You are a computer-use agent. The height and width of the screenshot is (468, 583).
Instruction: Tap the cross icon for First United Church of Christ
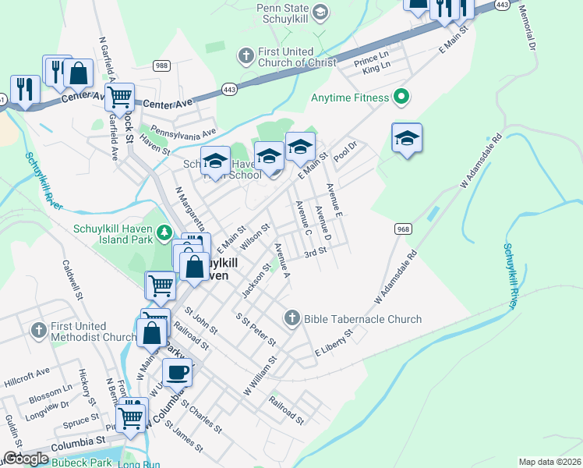tap(246, 55)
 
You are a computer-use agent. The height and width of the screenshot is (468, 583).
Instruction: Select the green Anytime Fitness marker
tap(402, 97)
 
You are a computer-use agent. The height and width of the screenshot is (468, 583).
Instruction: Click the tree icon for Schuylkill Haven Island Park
tap(164, 232)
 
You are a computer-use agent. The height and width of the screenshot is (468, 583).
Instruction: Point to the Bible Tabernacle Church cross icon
tap(291, 317)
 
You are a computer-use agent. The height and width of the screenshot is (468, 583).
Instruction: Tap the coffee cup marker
tap(178, 372)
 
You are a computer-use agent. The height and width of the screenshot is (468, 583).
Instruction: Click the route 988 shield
tap(161, 66)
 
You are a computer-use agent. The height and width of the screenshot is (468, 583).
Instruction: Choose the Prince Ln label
tap(371, 59)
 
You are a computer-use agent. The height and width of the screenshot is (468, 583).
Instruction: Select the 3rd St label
tap(315, 253)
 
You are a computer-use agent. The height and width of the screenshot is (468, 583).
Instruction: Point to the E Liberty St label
tap(334, 344)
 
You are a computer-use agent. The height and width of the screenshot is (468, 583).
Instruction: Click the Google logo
tap(26, 459)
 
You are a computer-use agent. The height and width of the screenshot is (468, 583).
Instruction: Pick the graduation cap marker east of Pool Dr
tap(407, 139)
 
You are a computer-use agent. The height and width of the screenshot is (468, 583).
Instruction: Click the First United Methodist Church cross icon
tap(39, 331)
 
